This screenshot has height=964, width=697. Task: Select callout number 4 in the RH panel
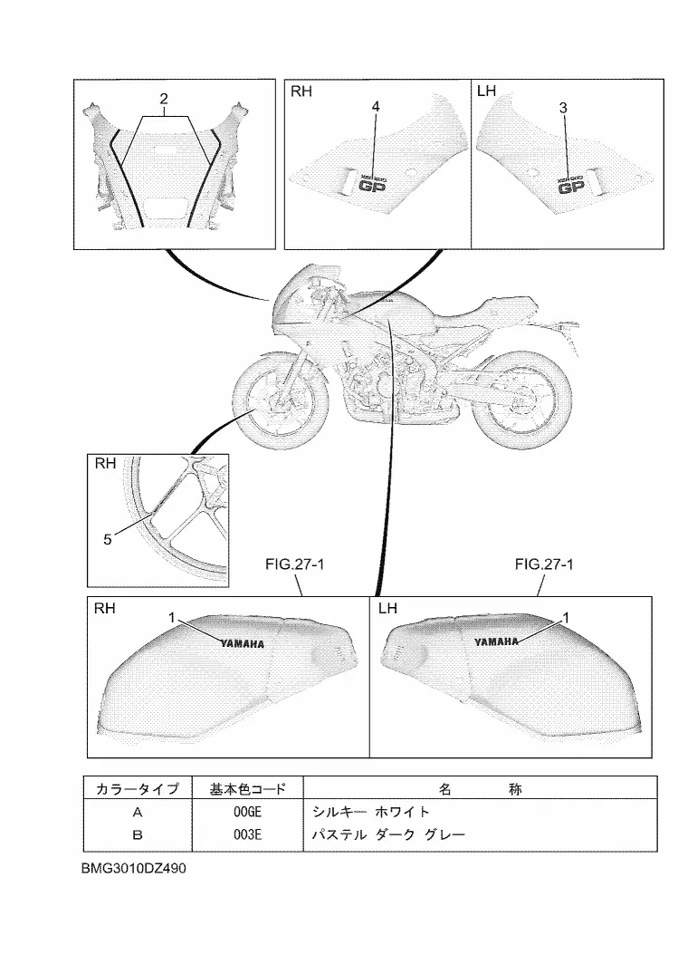coord(376,107)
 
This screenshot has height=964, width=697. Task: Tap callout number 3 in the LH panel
coord(564,107)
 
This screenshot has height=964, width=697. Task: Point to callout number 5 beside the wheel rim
coord(107,539)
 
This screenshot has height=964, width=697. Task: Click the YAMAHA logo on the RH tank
coord(242,644)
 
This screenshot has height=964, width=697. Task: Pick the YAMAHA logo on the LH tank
coord(497,641)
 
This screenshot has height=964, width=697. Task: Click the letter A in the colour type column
coord(138,812)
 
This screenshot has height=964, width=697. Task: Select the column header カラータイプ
coord(138,789)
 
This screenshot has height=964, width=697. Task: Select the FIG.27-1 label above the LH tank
coord(545,564)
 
